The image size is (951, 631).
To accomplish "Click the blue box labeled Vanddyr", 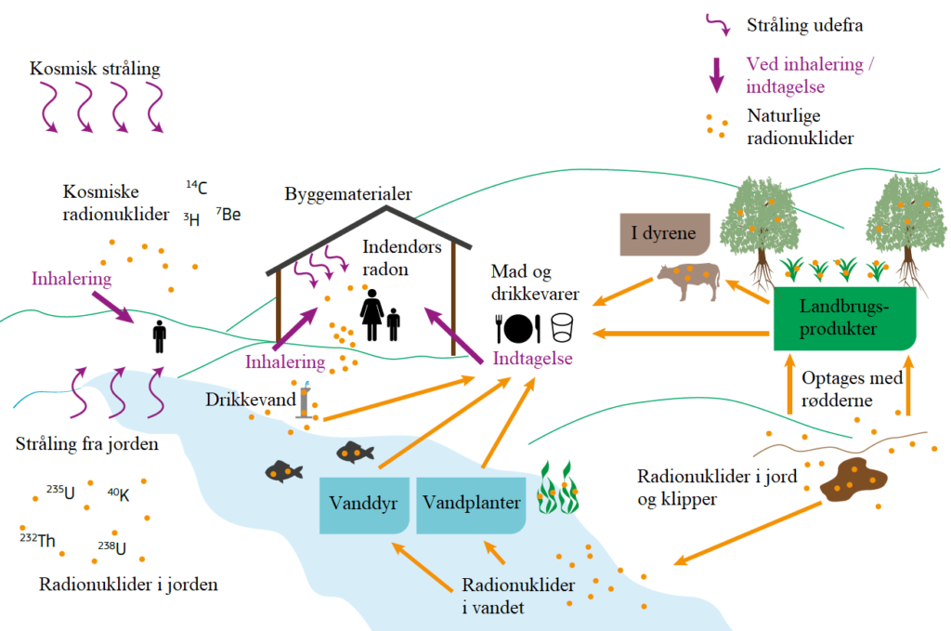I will pos(363,505).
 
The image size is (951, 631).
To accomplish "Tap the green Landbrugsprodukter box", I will pos(845,317).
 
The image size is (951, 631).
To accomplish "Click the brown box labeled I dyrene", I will pos(665,233).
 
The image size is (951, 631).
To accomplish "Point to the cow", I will pos(688,280).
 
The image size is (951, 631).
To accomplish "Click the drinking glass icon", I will pos(562,327).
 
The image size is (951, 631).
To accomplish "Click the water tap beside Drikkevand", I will pos(305,402).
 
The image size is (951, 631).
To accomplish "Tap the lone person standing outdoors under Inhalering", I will pos(159,336).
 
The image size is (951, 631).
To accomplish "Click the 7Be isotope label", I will pos(228,215).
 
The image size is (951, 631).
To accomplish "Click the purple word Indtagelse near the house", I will pos(534,359).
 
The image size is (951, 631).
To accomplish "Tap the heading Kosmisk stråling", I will pos(95,70).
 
